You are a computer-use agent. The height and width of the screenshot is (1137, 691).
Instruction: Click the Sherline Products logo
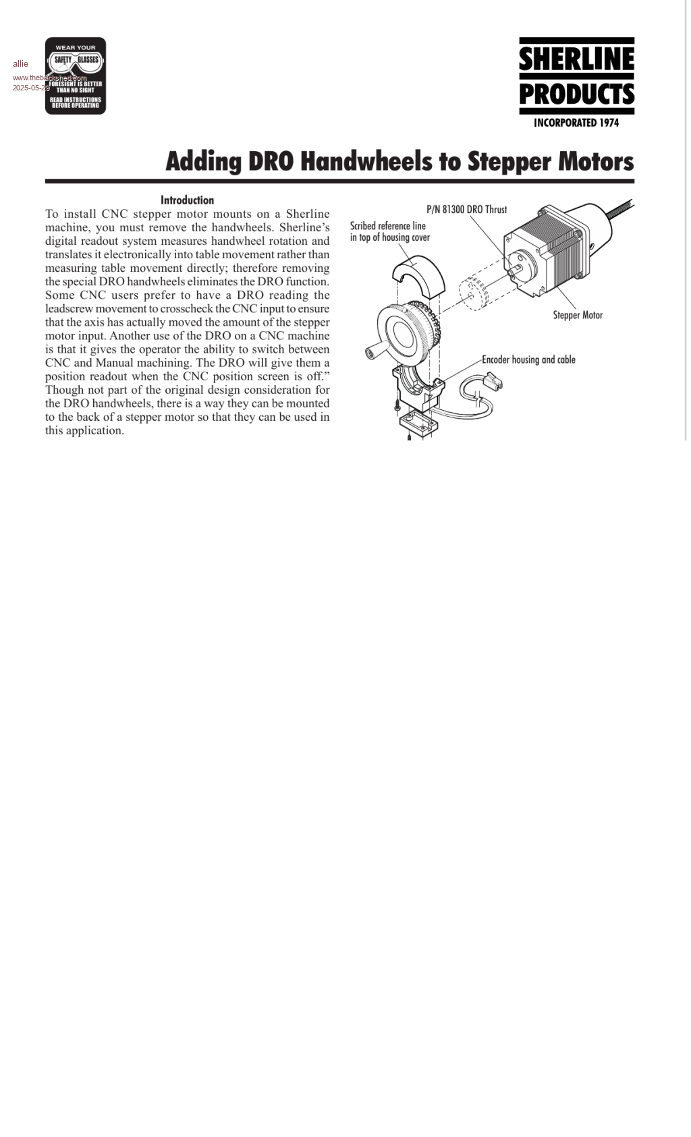point(576,76)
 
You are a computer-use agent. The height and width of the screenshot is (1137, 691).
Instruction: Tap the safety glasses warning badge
point(76,76)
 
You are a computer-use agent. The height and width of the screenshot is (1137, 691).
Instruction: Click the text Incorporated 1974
point(576,123)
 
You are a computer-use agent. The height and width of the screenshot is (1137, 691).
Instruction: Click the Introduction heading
point(187,200)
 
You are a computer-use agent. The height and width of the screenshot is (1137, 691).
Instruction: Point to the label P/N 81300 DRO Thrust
point(466,210)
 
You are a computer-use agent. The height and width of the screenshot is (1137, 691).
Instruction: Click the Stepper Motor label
point(578,315)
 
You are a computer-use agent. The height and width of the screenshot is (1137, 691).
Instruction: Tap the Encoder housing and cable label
point(528,359)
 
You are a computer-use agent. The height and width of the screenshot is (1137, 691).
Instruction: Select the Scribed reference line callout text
point(389,231)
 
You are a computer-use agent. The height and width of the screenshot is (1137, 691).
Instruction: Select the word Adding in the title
point(203,162)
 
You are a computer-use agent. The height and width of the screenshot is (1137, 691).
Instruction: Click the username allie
point(20,64)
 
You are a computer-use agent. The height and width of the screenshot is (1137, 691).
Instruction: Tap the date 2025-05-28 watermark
point(30,88)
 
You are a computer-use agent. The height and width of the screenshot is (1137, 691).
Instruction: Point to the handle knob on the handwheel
point(372,352)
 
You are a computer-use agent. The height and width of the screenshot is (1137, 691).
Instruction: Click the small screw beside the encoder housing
point(397,407)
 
